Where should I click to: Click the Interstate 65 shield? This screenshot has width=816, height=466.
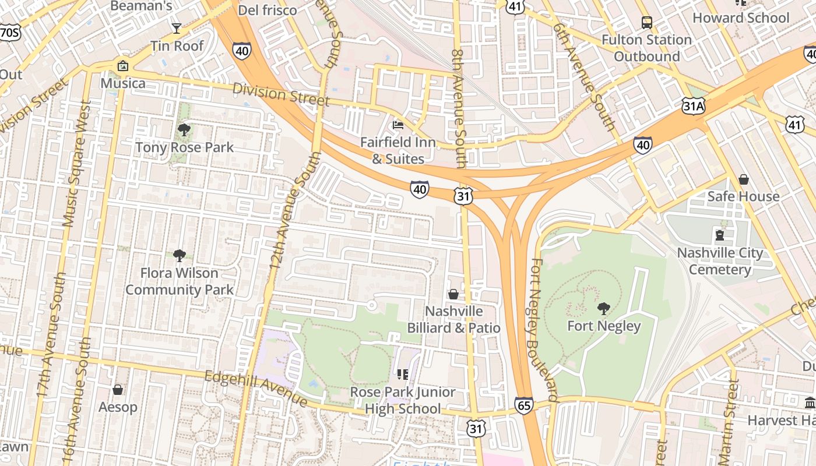point(523,405)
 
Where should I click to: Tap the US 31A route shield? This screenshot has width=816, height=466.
point(694,105)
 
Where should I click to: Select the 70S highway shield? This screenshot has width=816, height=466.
point(9,33)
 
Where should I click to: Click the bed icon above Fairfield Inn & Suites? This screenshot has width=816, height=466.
point(398,125)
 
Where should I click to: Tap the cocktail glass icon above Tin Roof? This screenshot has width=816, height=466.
point(177,28)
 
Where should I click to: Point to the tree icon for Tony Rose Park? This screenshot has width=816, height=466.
point(184,129)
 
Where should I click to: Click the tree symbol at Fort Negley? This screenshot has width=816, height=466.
point(604,308)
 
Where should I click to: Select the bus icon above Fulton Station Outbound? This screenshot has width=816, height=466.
point(647,23)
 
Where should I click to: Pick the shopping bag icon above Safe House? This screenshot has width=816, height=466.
point(743,179)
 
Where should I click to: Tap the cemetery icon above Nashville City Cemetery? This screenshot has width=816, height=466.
point(720,235)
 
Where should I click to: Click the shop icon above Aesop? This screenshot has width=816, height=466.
point(118,389)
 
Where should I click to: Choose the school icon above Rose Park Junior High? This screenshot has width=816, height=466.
point(403,374)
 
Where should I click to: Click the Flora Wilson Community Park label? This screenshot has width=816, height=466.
point(180,281)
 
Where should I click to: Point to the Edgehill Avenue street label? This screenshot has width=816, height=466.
point(256,389)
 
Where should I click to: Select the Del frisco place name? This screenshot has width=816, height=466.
point(268,10)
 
